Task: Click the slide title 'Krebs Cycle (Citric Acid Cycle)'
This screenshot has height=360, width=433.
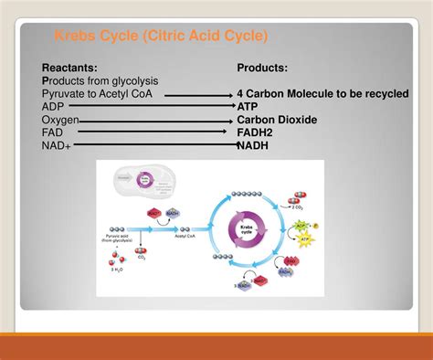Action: (x=161, y=37)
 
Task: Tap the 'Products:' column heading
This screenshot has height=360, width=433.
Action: (x=262, y=69)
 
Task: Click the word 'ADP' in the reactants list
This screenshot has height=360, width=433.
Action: (x=54, y=107)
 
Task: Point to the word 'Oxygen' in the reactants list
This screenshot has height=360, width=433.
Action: (x=60, y=120)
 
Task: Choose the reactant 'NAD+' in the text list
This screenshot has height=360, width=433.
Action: (x=57, y=145)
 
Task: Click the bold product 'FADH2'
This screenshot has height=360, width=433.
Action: (x=259, y=132)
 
